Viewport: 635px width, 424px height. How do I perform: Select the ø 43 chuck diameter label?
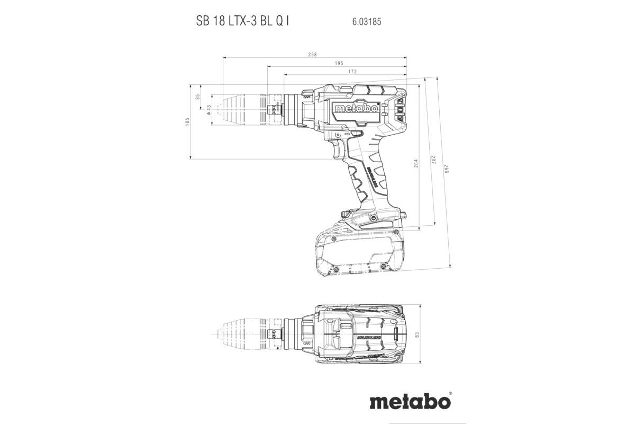point(208,110)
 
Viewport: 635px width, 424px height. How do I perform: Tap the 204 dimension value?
point(416,164)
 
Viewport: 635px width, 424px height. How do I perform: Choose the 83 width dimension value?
point(417,334)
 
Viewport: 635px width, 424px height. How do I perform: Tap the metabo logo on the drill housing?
point(356,108)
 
